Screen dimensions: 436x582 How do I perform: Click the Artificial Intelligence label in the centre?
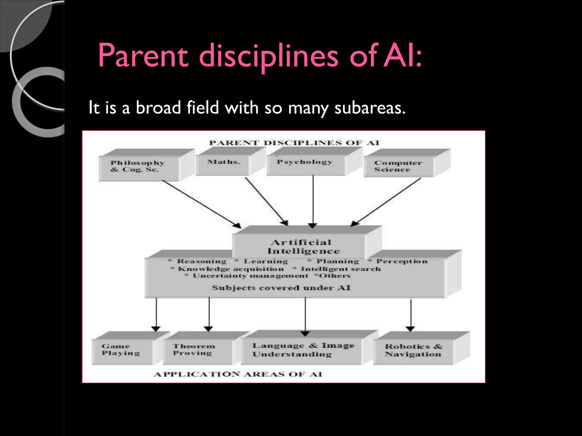click(303, 247)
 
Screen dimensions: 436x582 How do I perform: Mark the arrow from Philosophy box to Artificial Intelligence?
click(200, 203)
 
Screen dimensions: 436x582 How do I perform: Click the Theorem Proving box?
click(194, 350)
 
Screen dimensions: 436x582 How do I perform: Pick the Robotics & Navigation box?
click(413, 350)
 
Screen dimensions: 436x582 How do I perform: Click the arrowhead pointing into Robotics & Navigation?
click(410, 329)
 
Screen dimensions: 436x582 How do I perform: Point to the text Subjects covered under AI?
click(281, 288)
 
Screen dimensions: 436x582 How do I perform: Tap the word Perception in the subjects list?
click(402, 261)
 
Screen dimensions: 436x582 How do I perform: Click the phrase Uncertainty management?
click(250, 276)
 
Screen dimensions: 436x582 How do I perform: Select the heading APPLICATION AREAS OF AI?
click(238, 374)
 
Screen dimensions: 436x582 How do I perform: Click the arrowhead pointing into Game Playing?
click(156, 329)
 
